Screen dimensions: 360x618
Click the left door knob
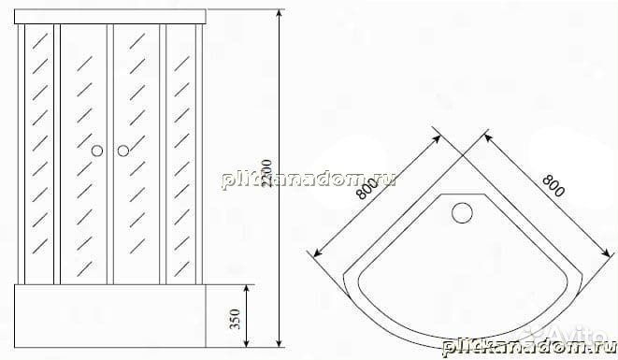click(x=96, y=151)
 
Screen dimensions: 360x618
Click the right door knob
click(x=122, y=151)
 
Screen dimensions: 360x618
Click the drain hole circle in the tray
click(x=462, y=213)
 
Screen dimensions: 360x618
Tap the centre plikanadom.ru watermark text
click(x=308, y=179)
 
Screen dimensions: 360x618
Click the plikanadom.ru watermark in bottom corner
click(x=524, y=346)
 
